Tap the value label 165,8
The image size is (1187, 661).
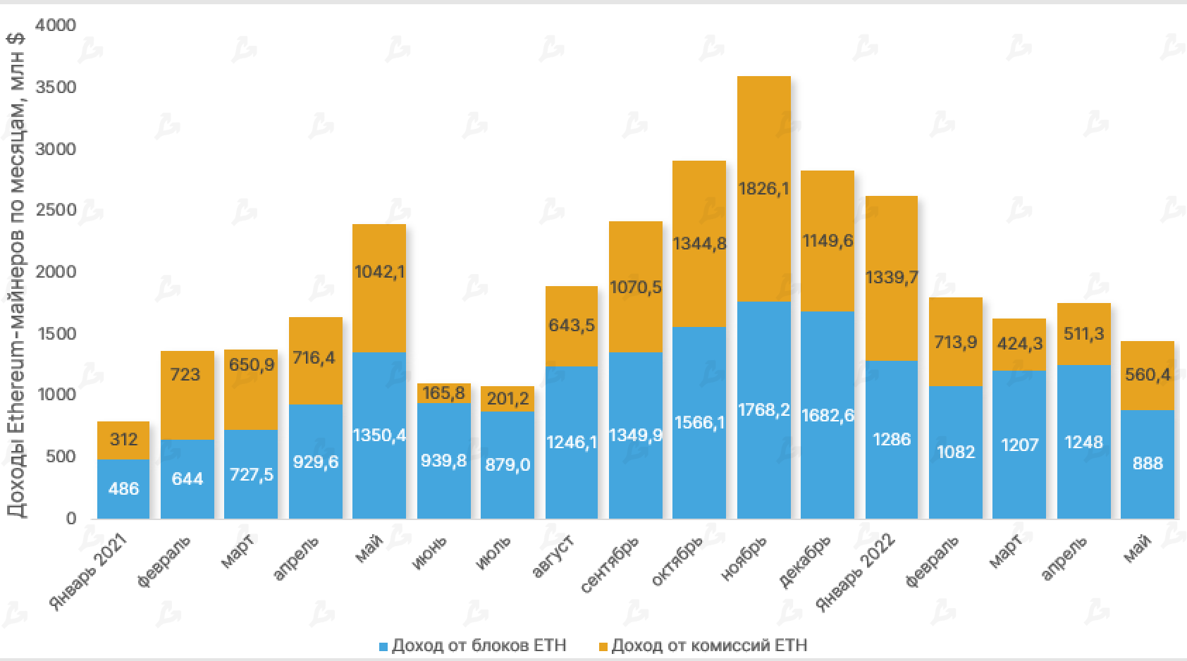443,393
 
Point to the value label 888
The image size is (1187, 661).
1147,464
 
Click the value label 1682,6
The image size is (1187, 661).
828,416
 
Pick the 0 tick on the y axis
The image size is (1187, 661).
70,519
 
